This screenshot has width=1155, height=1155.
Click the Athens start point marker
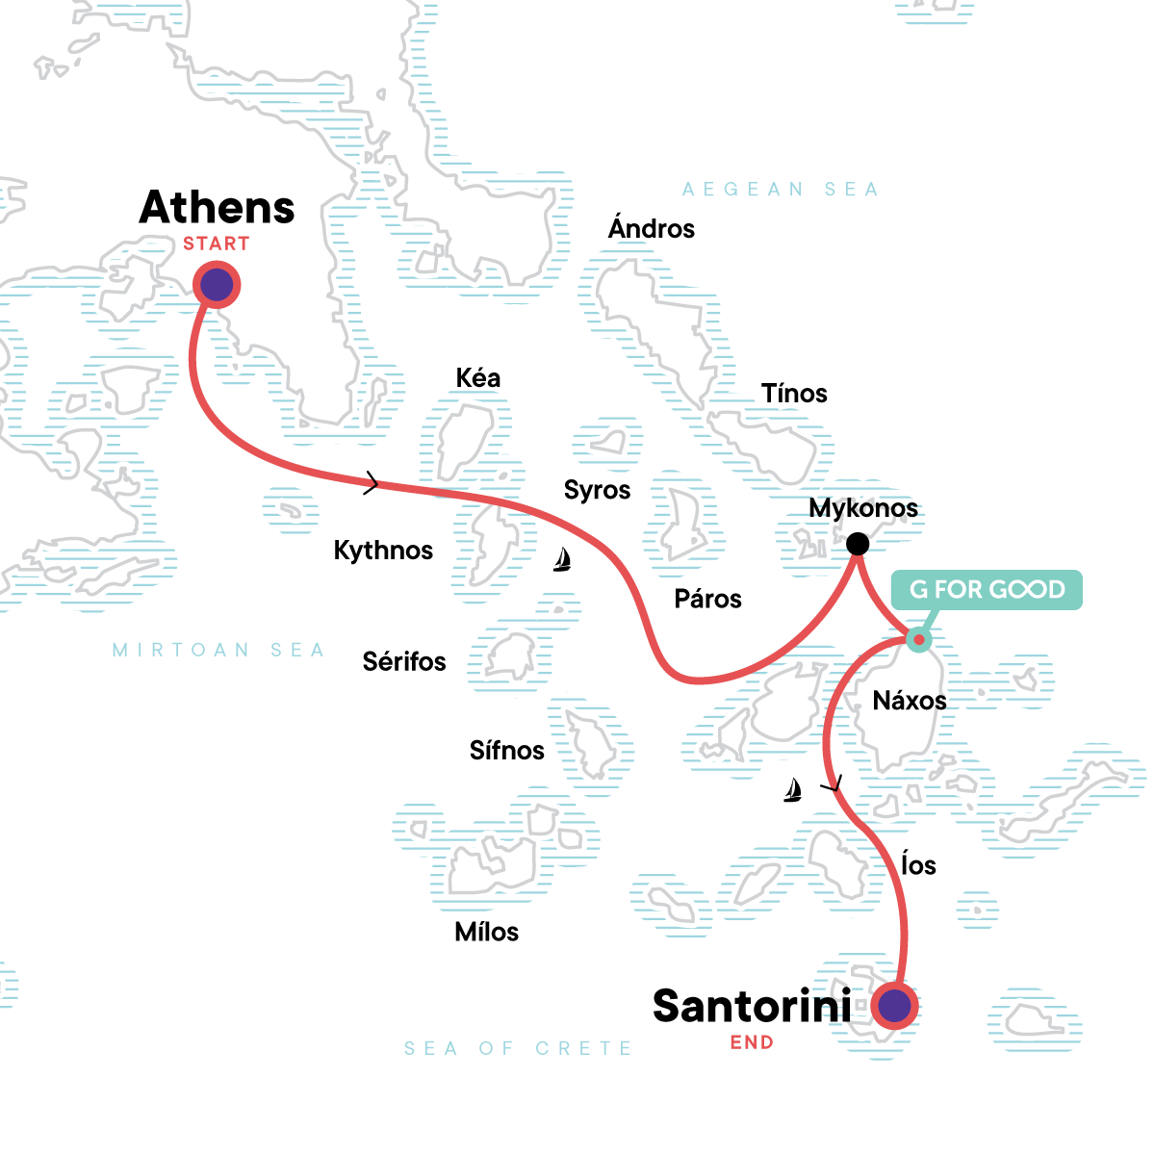pyautogui.click(x=217, y=285)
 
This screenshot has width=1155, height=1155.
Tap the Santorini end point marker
pyautogui.click(x=895, y=1006)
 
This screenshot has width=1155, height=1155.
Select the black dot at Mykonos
pyautogui.click(x=857, y=545)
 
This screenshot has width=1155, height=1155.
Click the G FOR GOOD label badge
pyautogui.click(x=987, y=590)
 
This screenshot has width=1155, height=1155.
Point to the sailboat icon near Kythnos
pyautogui.click(x=563, y=559)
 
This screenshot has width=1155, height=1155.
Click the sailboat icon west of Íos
pyautogui.click(x=793, y=790)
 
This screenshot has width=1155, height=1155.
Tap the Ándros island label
pyautogui.click(x=652, y=229)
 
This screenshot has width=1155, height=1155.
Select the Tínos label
pyautogui.click(x=794, y=394)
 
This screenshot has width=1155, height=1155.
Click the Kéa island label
pyautogui.click(x=478, y=378)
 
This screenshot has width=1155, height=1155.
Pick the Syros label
pyautogui.click(x=597, y=490)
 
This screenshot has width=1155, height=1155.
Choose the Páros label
pyautogui.click(x=707, y=600)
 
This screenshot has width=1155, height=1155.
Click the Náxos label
pyautogui.click(x=910, y=701)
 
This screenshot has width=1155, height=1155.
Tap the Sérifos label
pyautogui.click(x=404, y=662)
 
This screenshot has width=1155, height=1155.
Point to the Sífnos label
pyautogui.click(x=507, y=751)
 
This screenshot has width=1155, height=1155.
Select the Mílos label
pyautogui.click(x=487, y=932)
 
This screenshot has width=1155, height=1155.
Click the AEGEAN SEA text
pyautogui.click(x=781, y=190)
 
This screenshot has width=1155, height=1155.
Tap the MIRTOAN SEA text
pyautogui.click(x=218, y=651)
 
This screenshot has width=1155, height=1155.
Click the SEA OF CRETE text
pyautogui.click(x=518, y=1048)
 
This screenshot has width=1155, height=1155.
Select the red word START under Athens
pyautogui.click(x=217, y=244)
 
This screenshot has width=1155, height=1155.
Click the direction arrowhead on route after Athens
pyautogui.click(x=372, y=484)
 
